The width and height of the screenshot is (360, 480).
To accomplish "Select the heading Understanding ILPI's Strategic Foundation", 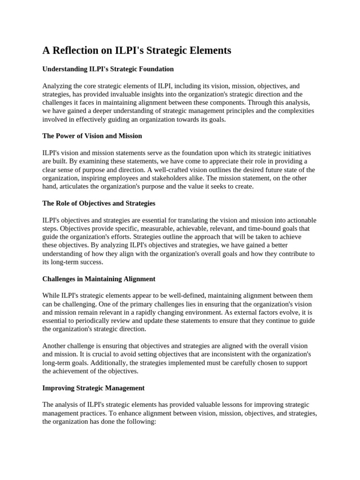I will [x=108, y=69].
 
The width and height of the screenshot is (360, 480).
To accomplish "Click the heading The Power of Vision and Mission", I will [x=92, y=136].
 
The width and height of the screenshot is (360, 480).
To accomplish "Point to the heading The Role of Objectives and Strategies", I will [x=98, y=203].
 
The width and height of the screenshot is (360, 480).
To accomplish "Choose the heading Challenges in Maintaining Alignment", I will [x=98, y=279].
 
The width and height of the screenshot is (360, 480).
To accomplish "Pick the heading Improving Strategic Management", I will [x=93, y=388].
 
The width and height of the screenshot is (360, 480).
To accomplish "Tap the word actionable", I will [x=295, y=220].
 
